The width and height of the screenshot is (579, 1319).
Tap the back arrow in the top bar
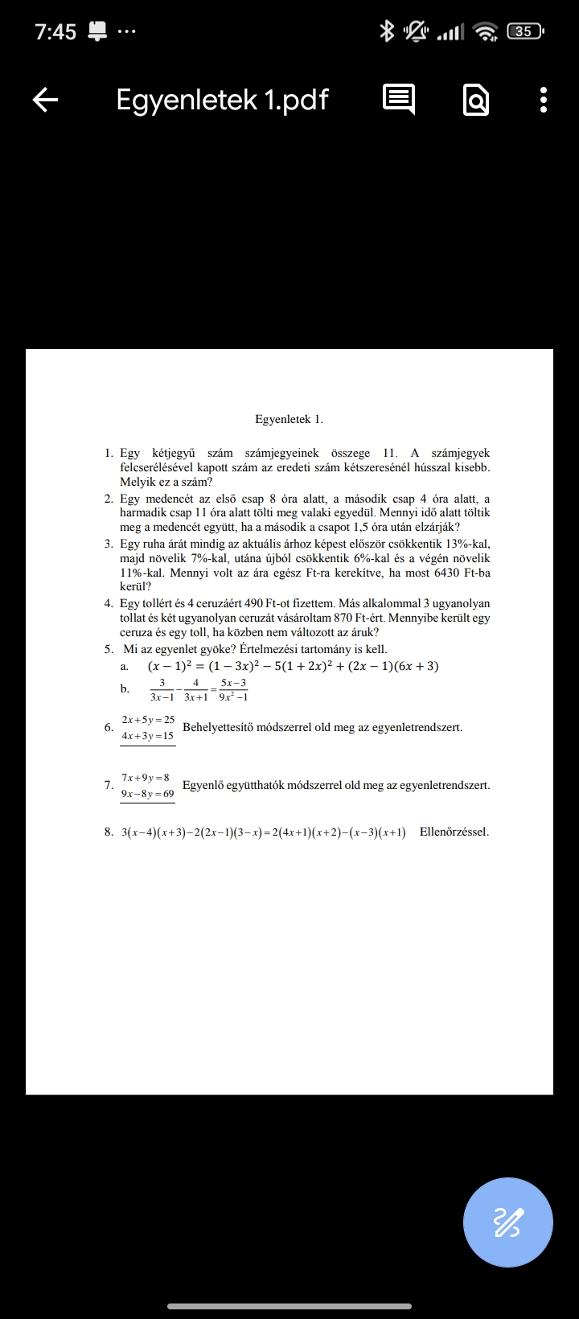[x=45, y=100]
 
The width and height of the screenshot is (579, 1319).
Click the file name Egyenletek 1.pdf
[x=222, y=100]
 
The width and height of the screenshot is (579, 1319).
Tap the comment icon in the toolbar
[x=398, y=100]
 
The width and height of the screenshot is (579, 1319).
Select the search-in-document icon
[x=476, y=101]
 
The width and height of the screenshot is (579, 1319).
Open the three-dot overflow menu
[x=544, y=100]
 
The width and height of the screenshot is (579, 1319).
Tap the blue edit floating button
[x=507, y=1222]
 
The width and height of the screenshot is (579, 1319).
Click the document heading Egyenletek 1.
[x=289, y=419]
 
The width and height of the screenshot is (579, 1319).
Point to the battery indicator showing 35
[x=524, y=31]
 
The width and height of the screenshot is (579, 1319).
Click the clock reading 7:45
[x=55, y=32]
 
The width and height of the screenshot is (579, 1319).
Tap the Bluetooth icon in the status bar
[x=387, y=31]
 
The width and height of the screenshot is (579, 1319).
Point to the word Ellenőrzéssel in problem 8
[x=454, y=832]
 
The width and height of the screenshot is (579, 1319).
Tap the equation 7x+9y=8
[x=146, y=778]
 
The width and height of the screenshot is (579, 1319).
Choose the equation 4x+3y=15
[x=148, y=736]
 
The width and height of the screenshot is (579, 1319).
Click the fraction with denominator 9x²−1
[x=233, y=689]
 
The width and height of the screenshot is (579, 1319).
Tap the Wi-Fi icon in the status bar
[x=486, y=31]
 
